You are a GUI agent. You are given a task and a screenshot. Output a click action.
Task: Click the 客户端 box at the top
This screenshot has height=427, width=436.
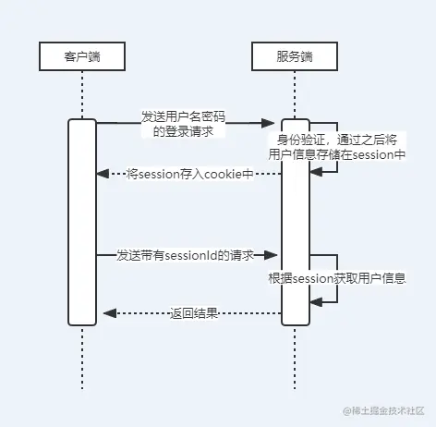tap(82, 56)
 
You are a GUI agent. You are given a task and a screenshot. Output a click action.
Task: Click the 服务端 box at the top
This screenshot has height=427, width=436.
tap(295, 56)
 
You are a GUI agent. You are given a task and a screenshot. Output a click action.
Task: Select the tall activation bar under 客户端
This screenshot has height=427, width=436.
tap(82, 222)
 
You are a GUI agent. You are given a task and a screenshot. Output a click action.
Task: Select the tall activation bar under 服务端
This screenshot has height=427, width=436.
tap(296, 222)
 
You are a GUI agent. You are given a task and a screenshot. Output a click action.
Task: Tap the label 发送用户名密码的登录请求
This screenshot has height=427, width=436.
tap(183, 124)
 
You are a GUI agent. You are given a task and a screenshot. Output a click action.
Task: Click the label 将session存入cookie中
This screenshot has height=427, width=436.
tap(190, 174)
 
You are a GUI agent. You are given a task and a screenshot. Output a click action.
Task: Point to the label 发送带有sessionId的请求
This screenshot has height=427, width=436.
tap(185, 255)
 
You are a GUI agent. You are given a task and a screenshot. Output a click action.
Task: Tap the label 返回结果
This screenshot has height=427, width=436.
tap(194, 313)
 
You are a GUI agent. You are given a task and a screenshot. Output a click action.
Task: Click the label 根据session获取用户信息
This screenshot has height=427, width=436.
tap(337, 278)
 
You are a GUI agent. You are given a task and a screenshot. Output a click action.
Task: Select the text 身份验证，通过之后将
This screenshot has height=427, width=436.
tap(337, 140)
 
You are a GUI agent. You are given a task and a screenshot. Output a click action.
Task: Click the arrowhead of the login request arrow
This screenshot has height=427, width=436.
tap(268, 123)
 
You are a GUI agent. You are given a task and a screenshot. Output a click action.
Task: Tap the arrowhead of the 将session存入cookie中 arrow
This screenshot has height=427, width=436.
tap(103, 174)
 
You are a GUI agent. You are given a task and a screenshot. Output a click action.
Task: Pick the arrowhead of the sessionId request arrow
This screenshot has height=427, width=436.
tap(271, 255)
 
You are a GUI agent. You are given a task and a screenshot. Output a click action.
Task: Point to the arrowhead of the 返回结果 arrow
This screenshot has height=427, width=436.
tap(110, 313)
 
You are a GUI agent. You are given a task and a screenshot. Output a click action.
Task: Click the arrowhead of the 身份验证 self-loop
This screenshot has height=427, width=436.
tap(316, 172)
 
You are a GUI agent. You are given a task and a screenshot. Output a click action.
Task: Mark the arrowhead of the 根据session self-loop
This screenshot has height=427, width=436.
tap(316, 302)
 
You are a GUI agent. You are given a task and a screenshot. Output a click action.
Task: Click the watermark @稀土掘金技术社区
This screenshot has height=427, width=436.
tap(384, 410)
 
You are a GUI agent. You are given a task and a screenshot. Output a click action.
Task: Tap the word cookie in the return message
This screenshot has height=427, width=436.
tap(223, 174)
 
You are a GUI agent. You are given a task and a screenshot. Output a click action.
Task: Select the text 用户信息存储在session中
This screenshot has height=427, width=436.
tap(337, 154)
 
